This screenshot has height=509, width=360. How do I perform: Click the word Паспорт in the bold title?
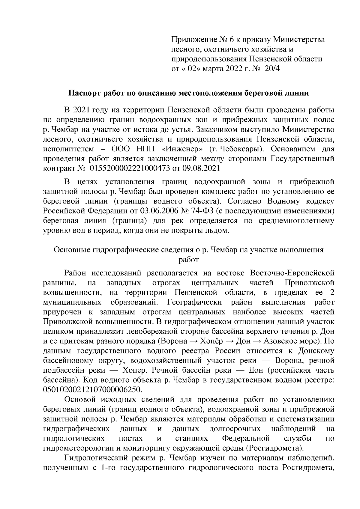point(83,93)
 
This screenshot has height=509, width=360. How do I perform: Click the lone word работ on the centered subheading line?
point(189,259)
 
